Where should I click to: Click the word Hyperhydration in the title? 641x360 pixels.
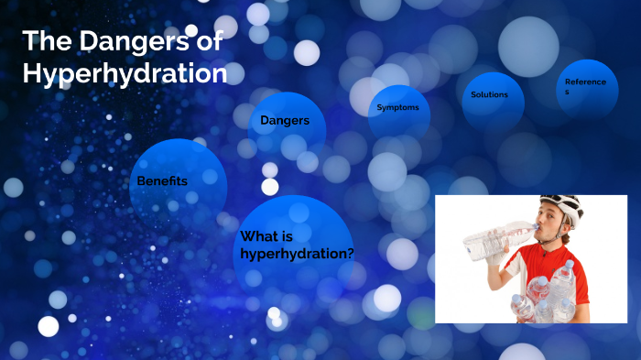(125, 73)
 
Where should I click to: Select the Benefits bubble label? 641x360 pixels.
(162, 181)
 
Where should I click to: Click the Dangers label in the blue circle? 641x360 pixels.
(285, 120)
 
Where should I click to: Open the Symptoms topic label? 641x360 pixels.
(397, 108)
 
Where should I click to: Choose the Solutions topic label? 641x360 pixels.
(489, 94)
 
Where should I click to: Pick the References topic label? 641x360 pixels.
(585, 86)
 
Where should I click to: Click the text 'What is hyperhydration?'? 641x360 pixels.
(297, 245)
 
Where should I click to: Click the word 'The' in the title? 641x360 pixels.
(41, 41)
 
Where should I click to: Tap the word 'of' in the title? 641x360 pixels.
(210, 41)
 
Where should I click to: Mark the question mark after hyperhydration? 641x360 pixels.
(349, 253)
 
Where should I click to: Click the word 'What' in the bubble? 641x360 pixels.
(258, 236)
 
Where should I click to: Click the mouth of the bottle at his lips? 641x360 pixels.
(535, 225)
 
